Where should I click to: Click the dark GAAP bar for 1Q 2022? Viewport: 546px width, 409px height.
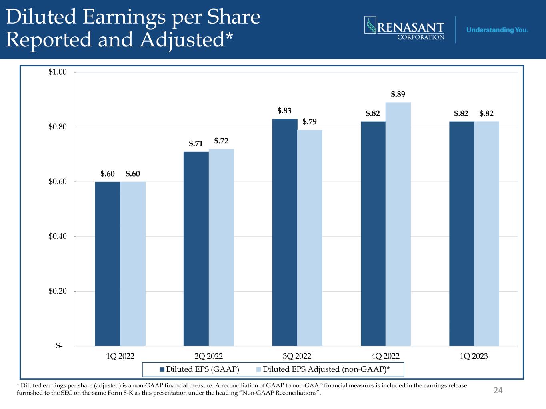[108, 264]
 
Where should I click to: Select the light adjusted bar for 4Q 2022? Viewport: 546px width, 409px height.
[398, 224]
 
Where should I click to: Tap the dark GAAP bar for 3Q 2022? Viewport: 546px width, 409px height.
[284, 232]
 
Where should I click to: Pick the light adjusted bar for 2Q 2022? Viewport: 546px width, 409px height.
[221, 247]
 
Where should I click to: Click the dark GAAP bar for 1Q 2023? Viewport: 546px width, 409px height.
[462, 234]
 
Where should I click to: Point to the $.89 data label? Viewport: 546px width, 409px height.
[398, 95]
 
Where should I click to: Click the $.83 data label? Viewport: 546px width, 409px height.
[284, 111]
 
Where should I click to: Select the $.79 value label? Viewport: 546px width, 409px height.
[310, 122]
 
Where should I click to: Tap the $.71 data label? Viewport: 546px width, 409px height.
[196, 144]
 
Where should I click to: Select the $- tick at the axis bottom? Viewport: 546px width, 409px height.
[60, 346]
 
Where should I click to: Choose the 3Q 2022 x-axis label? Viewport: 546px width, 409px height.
[297, 356]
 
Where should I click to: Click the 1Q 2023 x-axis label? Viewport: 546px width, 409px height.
[474, 356]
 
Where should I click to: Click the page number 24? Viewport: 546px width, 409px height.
[498, 390]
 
